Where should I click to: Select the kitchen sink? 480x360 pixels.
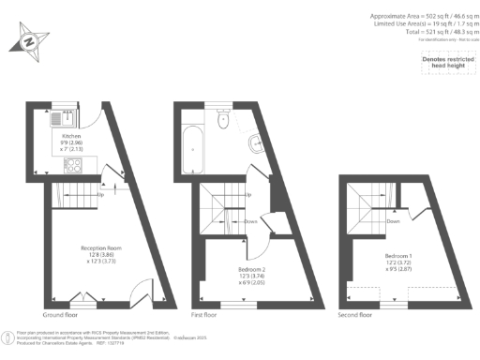[x=57, y=120]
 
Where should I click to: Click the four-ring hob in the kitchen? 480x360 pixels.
[x=72, y=166]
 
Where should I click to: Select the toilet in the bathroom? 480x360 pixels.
[x=221, y=117]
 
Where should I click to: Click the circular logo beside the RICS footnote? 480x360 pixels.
[x=8, y=336]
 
